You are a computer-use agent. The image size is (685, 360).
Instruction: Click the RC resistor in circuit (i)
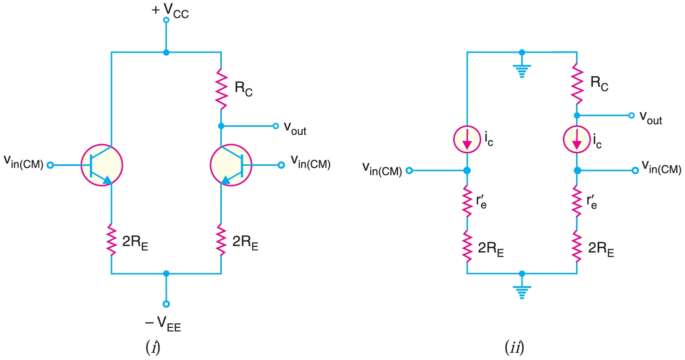[x=221, y=89]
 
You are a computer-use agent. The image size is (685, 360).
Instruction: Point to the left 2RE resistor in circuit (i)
[x=111, y=240]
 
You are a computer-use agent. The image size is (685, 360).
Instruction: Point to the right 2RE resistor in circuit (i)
[x=221, y=240]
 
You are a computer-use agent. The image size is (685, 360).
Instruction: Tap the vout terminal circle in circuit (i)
[x=275, y=126]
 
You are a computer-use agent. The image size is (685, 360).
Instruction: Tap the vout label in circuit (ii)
[x=650, y=117]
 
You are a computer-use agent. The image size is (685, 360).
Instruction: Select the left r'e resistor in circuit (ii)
[x=467, y=203]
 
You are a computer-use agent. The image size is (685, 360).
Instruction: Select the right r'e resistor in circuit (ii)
[x=577, y=203]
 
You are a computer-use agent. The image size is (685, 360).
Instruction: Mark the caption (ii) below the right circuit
[x=514, y=347]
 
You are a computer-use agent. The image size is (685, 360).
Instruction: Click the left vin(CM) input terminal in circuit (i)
[x=50, y=165]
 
